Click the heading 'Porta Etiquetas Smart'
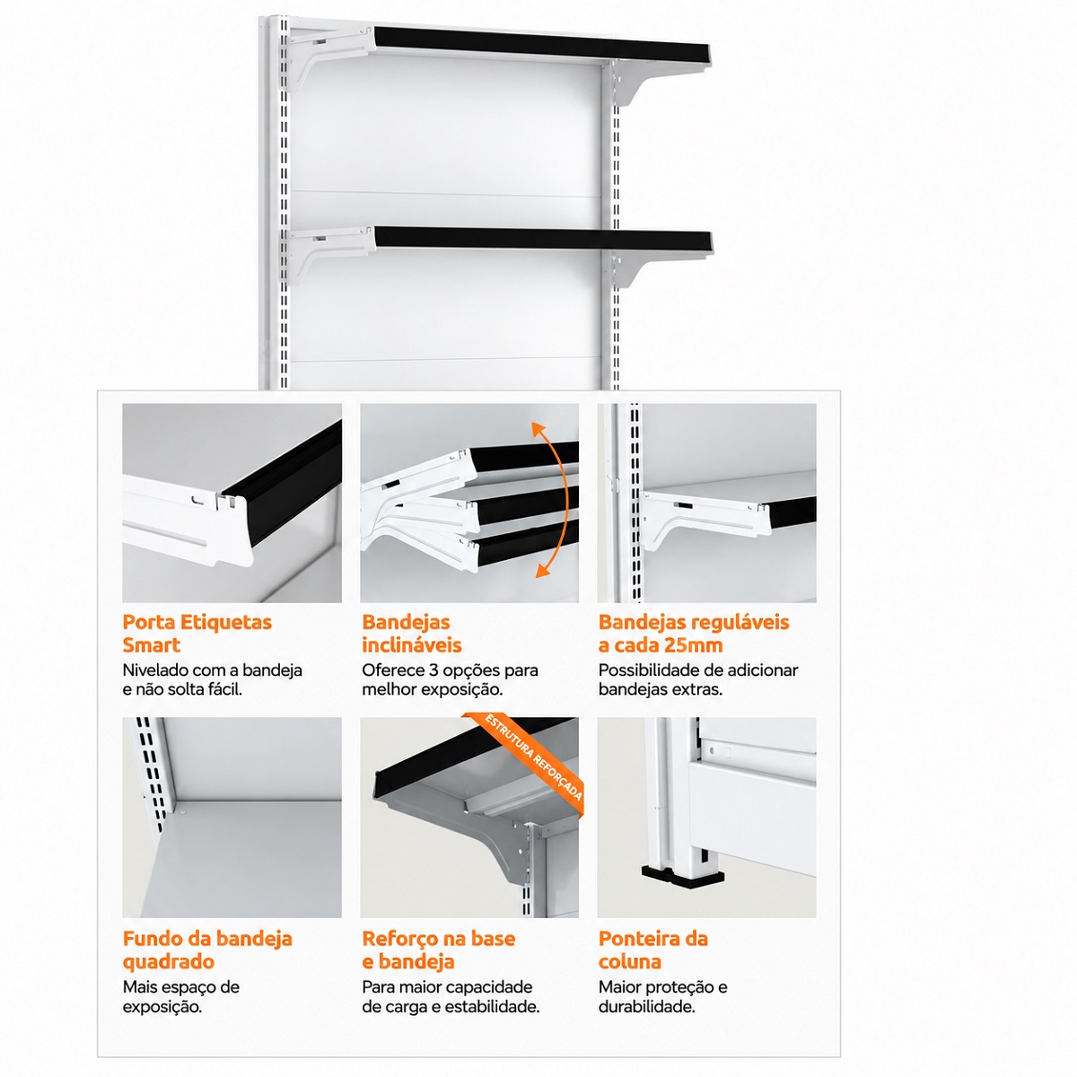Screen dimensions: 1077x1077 197,634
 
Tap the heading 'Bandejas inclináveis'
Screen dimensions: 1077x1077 411,634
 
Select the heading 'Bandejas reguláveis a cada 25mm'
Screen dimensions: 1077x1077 694,634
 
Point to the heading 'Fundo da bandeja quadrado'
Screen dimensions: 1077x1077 207,950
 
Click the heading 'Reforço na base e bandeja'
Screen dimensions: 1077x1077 438,950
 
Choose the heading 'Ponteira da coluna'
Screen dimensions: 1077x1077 652,950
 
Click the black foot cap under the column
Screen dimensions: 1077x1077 682,875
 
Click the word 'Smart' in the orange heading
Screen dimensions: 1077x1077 151,645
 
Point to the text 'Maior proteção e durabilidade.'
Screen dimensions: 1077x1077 663,996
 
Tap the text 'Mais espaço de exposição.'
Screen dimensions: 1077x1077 180,996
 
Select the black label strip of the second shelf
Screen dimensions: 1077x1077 543,241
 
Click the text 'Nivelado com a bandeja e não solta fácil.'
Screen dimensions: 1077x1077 213,679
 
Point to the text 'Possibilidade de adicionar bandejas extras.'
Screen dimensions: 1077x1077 698,679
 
